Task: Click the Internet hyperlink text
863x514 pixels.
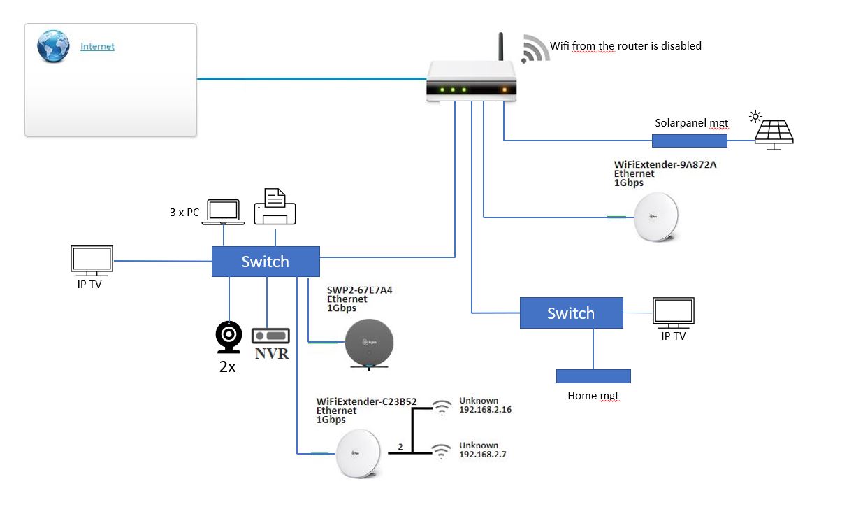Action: tap(97, 47)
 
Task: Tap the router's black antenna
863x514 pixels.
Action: tap(501, 47)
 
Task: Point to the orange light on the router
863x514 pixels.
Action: tap(504, 90)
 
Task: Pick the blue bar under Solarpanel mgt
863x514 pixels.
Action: tap(689, 141)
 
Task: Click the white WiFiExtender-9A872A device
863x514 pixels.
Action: tap(657, 217)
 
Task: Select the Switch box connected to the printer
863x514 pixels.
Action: tap(266, 262)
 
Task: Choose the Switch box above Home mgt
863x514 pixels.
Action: tap(571, 313)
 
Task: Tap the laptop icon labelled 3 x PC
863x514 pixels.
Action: tap(224, 212)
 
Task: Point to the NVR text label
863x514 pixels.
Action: tap(272, 354)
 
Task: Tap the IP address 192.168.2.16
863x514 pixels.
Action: tap(485, 410)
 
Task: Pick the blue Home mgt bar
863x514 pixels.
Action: tap(593, 376)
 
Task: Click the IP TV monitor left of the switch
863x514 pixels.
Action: tap(92, 259)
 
